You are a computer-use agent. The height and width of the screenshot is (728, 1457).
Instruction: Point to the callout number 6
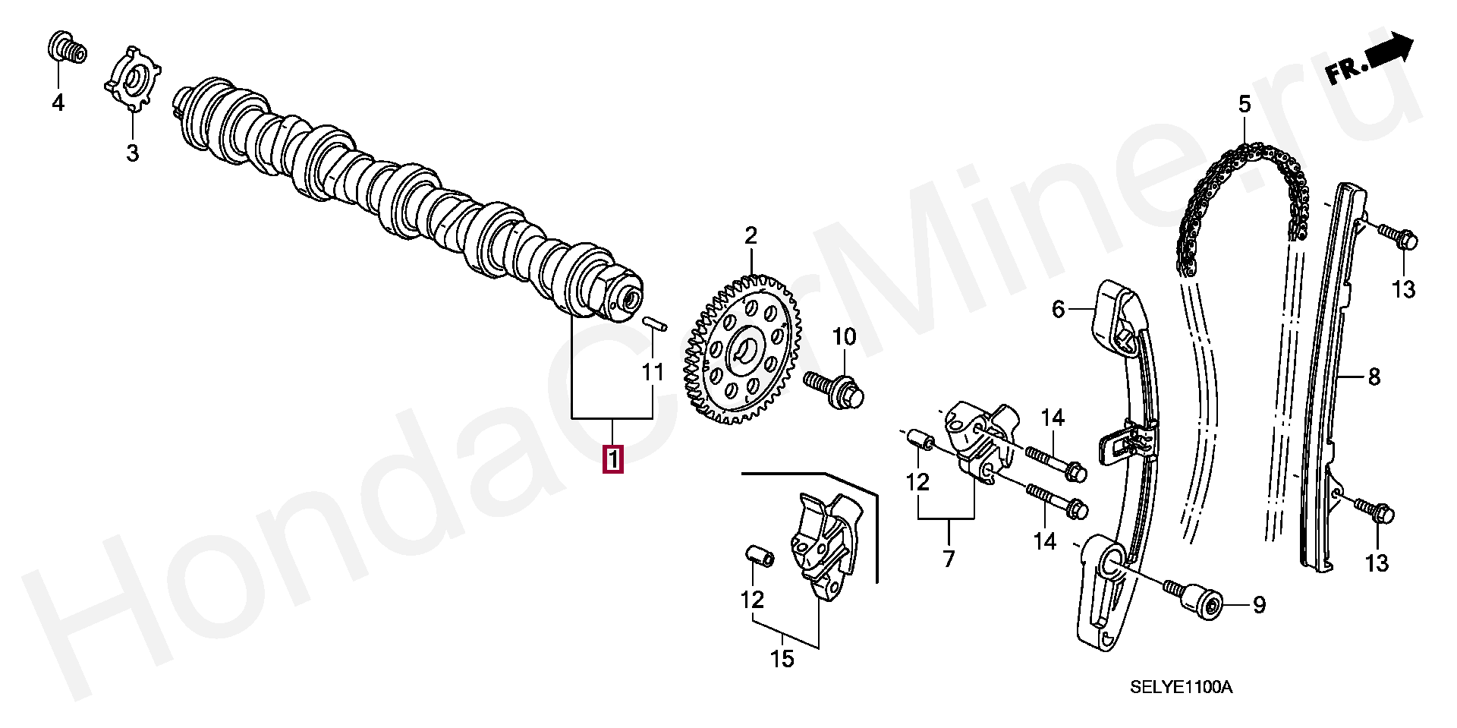[1059, 309]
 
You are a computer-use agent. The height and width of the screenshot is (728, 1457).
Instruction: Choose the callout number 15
[782, 658]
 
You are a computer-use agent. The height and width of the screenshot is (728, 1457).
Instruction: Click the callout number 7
[949, 559]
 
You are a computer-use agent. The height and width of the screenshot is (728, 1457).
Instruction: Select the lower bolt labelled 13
[1374, 512]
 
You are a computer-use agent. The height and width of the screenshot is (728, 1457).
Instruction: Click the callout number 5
[1244, 104]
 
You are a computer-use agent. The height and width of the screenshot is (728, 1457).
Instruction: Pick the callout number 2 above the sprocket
[751, 236]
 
